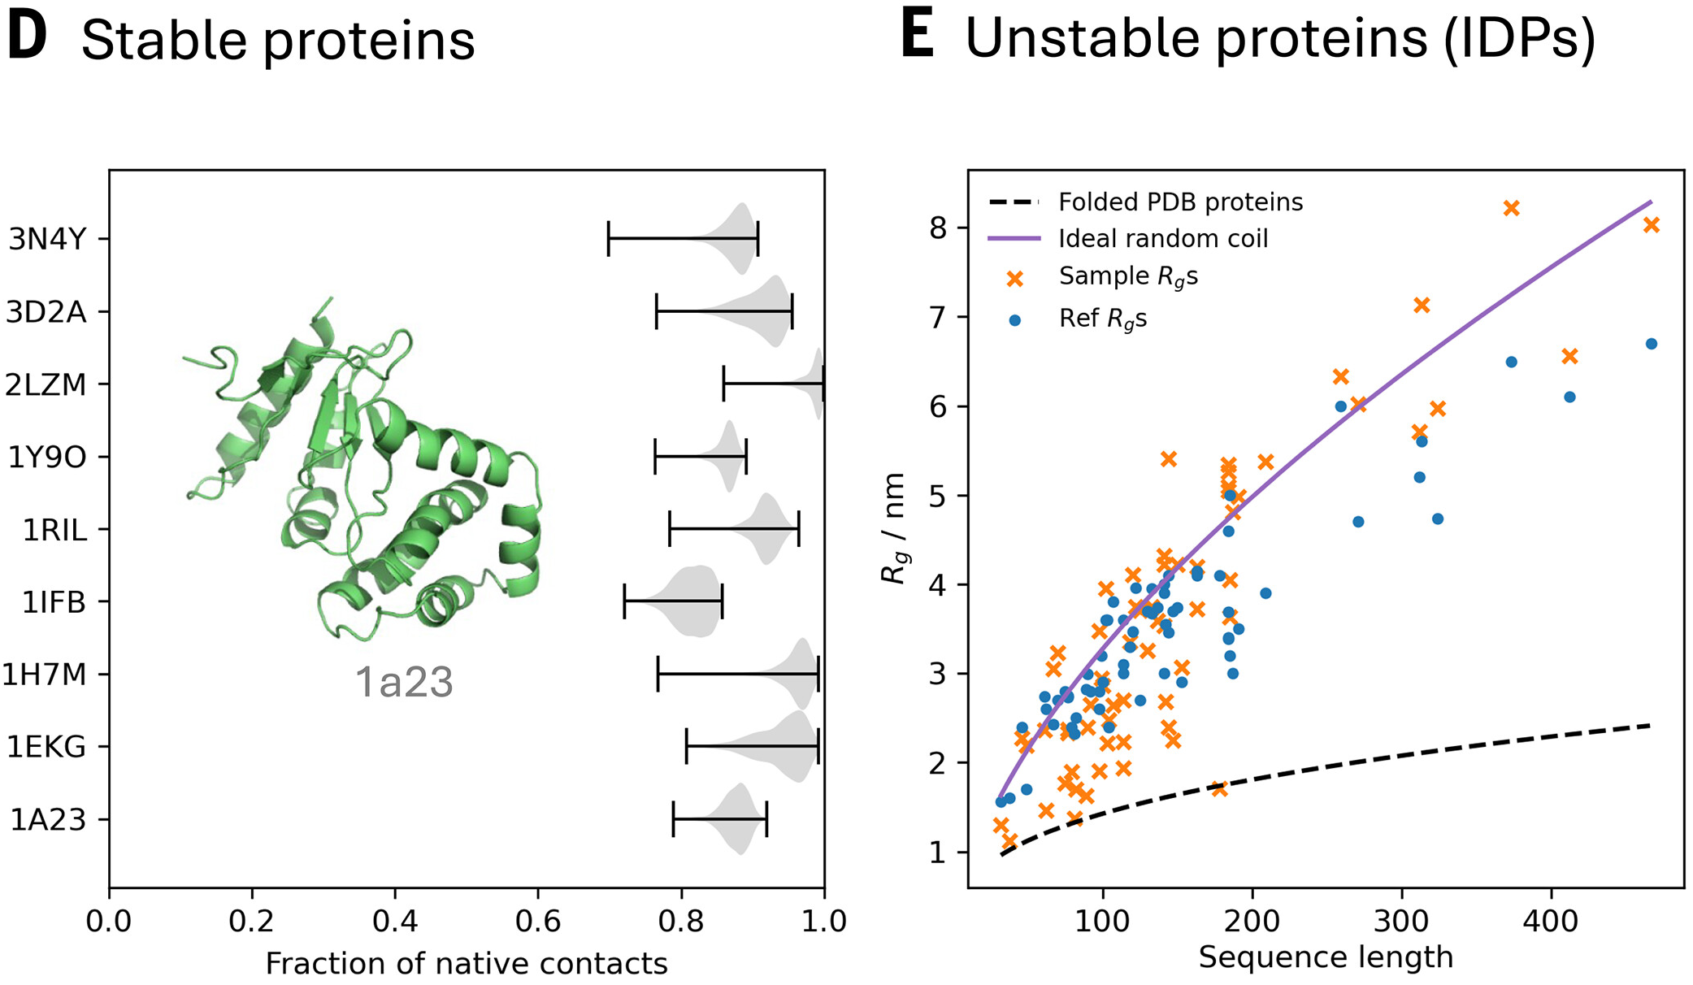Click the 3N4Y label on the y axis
point(47,240)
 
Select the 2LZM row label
point(46,384)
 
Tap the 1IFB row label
point(54,602)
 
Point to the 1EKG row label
point(46,747)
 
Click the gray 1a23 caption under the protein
point(404,682)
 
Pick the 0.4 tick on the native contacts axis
point(395,922)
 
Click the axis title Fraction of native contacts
point(467,964)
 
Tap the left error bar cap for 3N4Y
point(609,239)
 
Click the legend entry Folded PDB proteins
point(1180,202)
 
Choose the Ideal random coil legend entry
point(1163,239)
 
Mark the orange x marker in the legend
point(1014,279)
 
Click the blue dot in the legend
point(1014,320)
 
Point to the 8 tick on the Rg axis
point(939,228)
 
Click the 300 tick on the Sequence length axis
point(1401,922)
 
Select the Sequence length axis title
point(1326,957)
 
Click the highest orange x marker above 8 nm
point(1511,209)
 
